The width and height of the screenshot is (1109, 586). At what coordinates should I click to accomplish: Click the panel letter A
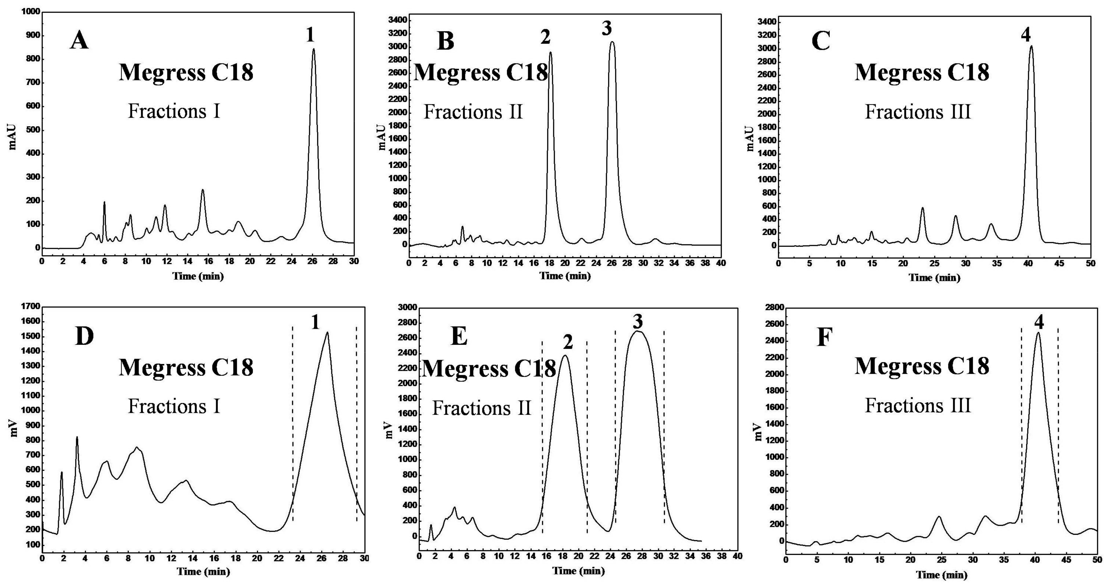click(x=79, y=41)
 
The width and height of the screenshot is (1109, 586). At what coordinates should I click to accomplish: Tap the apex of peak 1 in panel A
click(x=313, y=49)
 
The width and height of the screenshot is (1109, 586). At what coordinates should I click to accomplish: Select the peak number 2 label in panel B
click(x=546, y=38)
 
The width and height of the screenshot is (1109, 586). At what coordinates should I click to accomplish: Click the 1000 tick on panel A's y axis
click(x=30, y=12)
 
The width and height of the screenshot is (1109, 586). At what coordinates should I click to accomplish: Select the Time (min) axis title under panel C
click(x=934, y=278)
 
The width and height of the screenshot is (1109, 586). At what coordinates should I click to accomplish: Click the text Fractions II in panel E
click(x=481, y=408)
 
